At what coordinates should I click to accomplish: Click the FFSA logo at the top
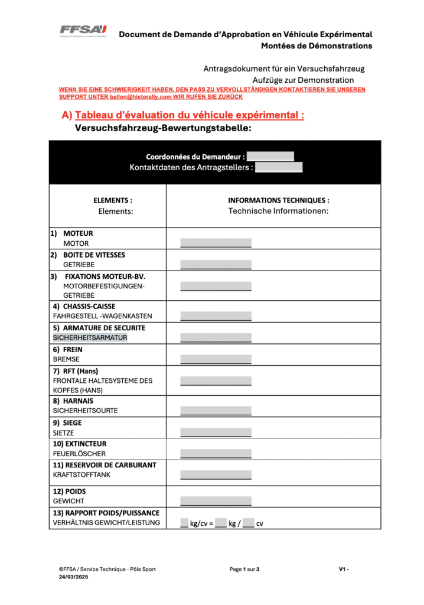pyautogui.click(x=83, y=30)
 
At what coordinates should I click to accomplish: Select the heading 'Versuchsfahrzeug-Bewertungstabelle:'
pyautogui.click(x=163, y=128)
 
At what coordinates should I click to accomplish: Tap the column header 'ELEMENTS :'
pyautogui.click(x=113, y=200)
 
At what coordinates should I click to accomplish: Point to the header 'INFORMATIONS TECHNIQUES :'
pyautogui.click(x=279, y=200)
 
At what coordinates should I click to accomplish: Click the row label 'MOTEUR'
pyautogui.click(x=78, y=233)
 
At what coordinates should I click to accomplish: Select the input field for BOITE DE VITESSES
pyautogui.click(x=216, y=265)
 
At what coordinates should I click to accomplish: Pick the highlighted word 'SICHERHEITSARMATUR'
pyautogui.click(x=90, y=338)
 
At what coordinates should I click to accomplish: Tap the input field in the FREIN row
pyautogui.click(x=216, y=359)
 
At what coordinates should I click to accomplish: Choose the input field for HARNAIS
pyautogui.click(x=216, y=411)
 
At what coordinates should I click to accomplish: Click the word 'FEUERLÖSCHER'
pyautogui.click(x=79, y=454)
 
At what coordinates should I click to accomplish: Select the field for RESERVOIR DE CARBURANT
pyautogui.click(x=216, y=474)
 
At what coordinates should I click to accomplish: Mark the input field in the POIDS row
pyautogui.click(x=216, y=501)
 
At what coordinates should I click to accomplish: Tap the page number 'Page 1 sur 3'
pyautogui.click(x=244, y=570)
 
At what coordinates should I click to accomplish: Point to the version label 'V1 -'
pyautogui.click(x=344, y=570)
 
